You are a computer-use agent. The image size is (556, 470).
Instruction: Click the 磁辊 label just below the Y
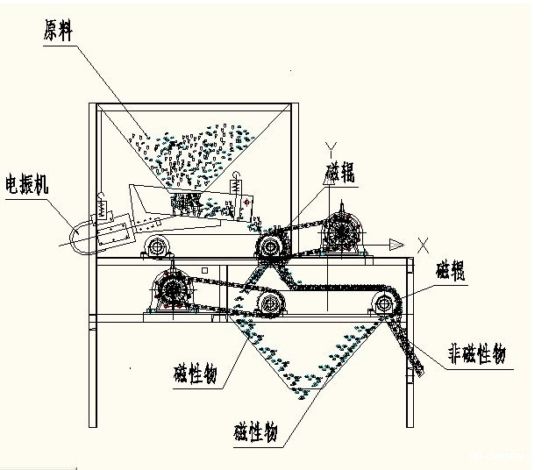340,172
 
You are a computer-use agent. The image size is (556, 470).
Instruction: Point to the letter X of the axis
424,239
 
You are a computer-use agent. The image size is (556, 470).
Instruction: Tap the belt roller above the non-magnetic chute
383,305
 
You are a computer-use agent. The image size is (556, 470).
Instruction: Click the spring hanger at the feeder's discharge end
235,187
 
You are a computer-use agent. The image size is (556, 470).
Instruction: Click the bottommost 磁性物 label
256,432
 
